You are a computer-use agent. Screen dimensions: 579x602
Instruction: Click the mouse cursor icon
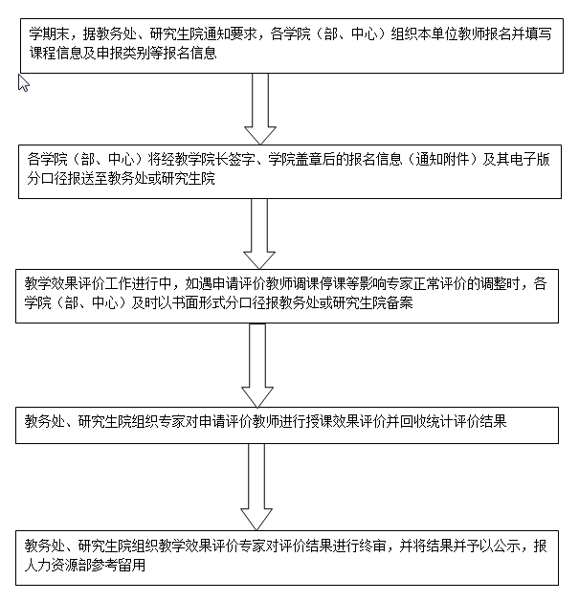click(23, 83)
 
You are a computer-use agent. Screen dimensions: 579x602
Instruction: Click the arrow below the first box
click(260, 109)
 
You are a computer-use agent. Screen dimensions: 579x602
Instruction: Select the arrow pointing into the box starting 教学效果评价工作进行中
click(259, 234)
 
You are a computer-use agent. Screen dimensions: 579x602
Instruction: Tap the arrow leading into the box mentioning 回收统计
click(257, 365)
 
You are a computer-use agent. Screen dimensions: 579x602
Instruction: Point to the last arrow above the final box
click(256, 487)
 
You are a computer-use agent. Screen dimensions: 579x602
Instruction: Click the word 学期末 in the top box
click(49, 34)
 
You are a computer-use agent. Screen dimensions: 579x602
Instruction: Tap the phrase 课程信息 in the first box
click(56, 54)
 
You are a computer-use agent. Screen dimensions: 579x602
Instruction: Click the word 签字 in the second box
click(241, 159)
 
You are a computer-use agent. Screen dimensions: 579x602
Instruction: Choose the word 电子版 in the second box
click(530, 159)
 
